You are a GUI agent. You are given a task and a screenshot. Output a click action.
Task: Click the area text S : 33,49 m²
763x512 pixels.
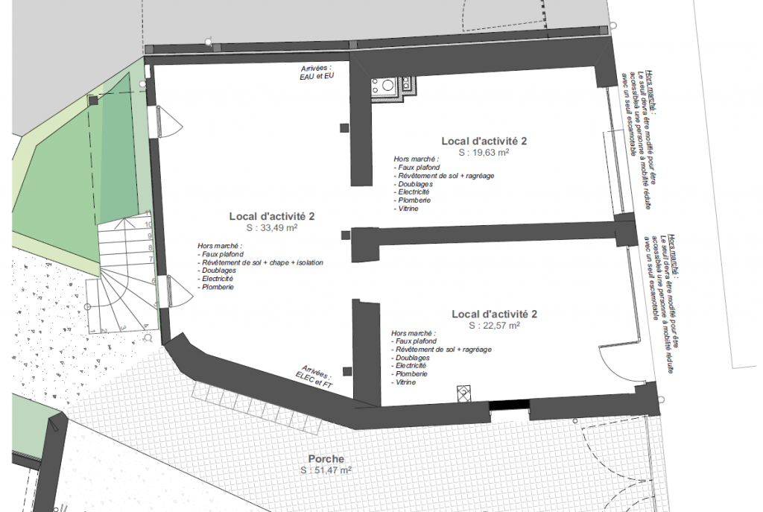pyautogui.click(x=271, y=228)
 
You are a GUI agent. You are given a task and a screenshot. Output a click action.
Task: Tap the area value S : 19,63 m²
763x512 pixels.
pyautogui.click(x=484, y=152)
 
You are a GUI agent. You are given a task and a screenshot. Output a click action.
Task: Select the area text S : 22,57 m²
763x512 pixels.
pyautogui.click(x=494, y=326)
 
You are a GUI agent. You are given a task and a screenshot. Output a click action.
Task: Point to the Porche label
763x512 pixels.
pyautogui.click(x=326, y=459)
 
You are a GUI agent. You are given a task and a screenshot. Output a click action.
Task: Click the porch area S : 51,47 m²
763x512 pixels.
pyautogui.click(x=326, y=471)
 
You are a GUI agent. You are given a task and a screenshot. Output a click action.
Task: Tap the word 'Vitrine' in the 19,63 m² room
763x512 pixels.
pyautogui.click(x=408, y=209)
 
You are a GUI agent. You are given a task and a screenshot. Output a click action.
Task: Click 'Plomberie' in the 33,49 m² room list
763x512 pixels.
pyautogui.click(x=218, y=287)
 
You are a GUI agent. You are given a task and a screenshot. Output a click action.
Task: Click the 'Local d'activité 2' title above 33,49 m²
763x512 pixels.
pyautogui.click(x=271, y=216)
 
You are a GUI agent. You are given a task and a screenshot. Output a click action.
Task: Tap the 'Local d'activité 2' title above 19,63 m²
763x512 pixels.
pyautogui.click(x=484, y=140)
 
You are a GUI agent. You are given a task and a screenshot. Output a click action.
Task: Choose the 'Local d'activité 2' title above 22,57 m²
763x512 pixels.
pyautogui.click(x=494, y=314)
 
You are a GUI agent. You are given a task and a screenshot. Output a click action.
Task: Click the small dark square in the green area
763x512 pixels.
pyautogui.click(x=92, y=99)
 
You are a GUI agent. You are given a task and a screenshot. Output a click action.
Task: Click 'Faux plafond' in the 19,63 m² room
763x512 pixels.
pyautogui.click(x=418, y=168)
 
